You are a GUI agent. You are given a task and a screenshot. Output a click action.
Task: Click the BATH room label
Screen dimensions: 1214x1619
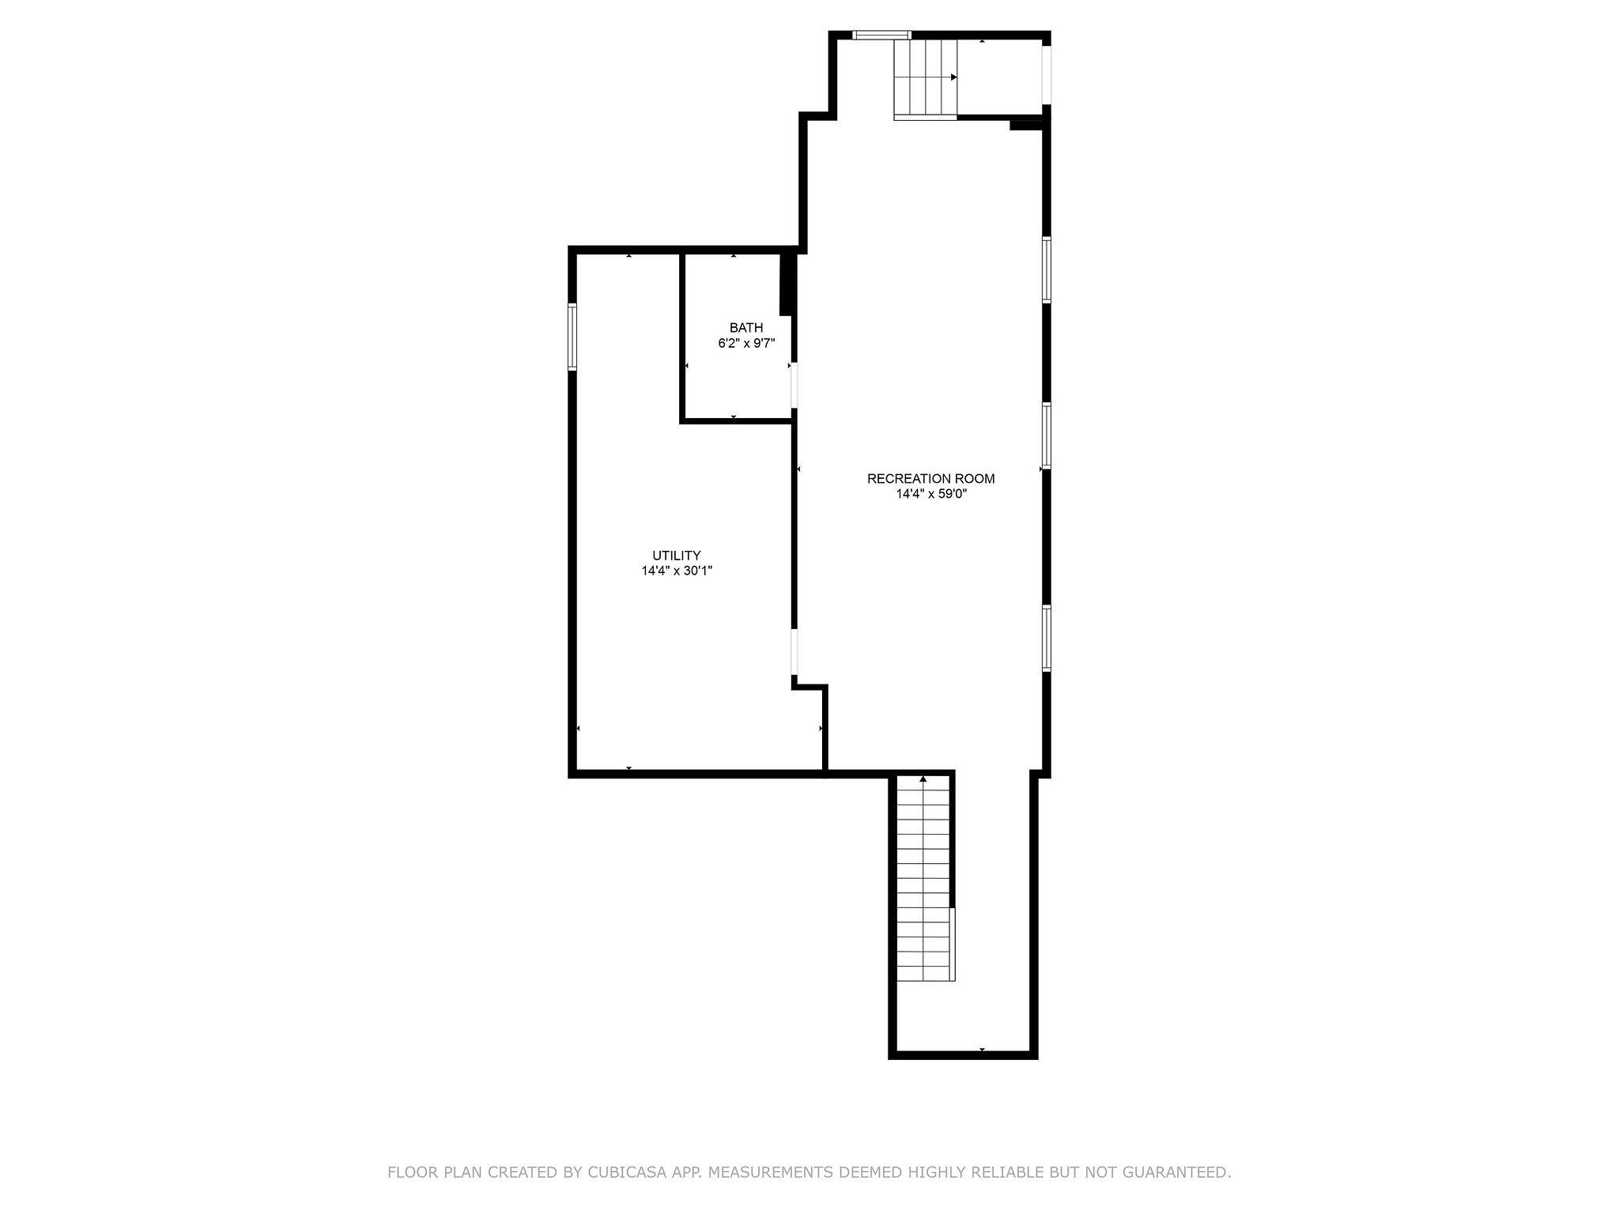click(746, 327)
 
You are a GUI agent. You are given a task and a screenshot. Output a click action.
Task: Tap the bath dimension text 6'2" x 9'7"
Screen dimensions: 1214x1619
click(746, 343)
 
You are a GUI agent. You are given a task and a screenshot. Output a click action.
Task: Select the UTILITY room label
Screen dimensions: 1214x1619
click(676, 555)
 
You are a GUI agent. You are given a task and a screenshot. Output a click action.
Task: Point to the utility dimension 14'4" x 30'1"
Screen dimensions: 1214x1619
click(677, 571)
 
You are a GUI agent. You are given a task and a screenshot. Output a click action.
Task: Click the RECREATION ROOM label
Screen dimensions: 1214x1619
click(930, 478)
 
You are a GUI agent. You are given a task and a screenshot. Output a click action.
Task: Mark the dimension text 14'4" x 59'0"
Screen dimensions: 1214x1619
click(931, 494)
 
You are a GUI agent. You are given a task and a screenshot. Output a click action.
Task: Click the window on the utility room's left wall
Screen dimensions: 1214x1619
click(572, 337)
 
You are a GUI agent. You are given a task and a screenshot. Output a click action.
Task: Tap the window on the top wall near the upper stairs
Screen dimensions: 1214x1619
click(882, 35)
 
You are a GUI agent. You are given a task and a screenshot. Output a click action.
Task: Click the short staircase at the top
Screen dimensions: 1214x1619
click(925, 77)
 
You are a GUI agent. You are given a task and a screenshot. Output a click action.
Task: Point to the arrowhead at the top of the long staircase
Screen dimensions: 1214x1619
click(923, 779)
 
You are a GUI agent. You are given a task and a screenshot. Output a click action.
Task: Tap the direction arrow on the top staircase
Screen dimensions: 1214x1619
click(954, 77)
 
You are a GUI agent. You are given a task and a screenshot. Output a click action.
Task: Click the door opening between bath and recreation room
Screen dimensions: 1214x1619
click(794, 385)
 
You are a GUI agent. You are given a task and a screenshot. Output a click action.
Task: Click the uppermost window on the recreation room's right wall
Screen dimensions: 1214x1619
click(1047, 270)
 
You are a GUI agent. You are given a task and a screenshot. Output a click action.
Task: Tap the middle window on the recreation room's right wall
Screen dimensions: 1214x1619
click(1047, 435)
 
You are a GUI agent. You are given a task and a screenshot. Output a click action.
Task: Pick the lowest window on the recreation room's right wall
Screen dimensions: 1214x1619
click(1047, 638)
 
